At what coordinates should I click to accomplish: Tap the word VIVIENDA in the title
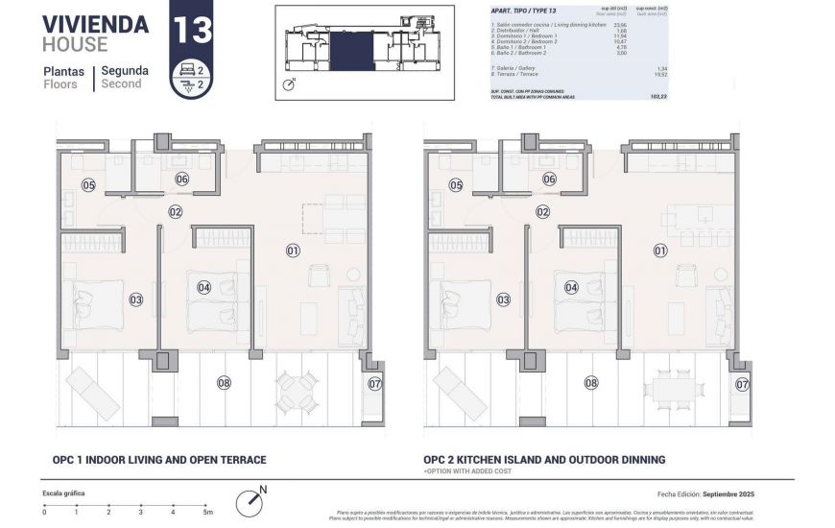pos(95,24)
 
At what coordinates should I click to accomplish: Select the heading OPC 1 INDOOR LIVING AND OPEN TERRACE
pos(155,460)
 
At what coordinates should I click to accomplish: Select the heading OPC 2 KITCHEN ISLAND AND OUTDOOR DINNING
pos(544,460)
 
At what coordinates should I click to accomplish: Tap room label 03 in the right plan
pos(503,300)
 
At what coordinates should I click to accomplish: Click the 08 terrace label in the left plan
pos(224,383)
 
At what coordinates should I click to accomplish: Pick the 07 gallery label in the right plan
pos(742,384)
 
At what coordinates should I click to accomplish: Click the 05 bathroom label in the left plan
pos(88,185)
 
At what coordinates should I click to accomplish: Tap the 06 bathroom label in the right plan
pos(549,180)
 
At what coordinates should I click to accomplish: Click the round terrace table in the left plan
pos(298,391)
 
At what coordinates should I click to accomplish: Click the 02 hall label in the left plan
pos(176,212)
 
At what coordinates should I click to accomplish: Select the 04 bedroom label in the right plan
pos(571,287)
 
